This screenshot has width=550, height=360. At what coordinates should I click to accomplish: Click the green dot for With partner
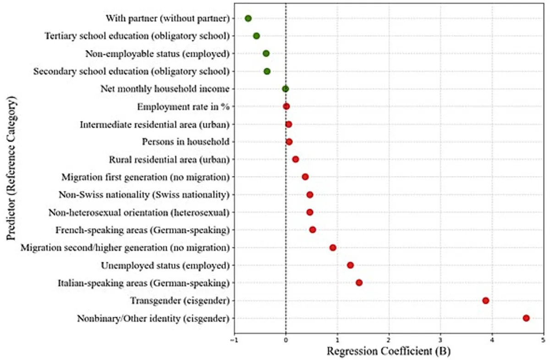(248, 18)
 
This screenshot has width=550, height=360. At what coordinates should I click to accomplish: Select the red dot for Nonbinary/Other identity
(526, 318)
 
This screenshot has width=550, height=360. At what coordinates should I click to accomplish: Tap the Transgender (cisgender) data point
(486, 300)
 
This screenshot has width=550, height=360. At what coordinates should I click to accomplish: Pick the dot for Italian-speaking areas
(359, 283)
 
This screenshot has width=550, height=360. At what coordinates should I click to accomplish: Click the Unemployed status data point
(350, 266)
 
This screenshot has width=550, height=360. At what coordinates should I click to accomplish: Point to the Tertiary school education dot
(256, 36)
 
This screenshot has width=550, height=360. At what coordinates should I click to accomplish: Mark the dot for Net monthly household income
(285, 89)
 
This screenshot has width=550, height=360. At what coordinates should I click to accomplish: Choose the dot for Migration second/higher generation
(333, 248)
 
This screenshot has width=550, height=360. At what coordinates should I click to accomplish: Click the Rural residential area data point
(296, 160)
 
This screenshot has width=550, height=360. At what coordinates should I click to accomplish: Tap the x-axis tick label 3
(440, 341)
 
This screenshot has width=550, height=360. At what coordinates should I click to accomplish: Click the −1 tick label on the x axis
(234, 341)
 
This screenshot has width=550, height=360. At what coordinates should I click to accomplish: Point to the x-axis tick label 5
(544, 341)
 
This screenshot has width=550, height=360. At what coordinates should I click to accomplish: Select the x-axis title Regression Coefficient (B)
(389, 351)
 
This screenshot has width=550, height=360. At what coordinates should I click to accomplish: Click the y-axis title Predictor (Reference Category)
(11, 168)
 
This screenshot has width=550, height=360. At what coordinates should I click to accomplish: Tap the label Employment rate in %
(183, 107)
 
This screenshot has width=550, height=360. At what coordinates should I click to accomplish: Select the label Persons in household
(186, 142)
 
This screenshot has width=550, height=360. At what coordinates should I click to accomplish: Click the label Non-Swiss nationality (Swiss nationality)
(144, 195)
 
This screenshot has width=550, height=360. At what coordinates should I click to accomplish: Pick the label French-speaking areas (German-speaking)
(143, 230)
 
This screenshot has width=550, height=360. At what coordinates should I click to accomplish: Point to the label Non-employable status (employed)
(157, 54)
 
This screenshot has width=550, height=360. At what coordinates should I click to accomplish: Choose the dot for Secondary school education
(267, 72)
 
